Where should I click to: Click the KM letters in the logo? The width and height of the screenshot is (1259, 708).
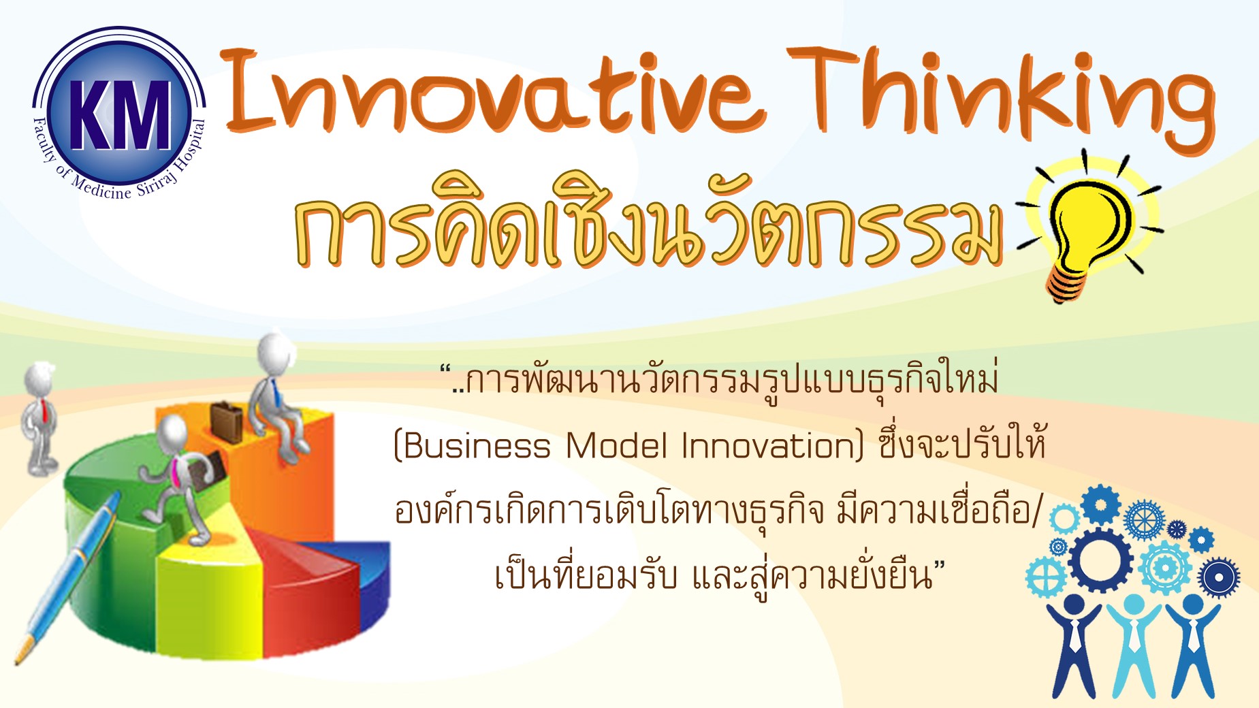pos(120,114)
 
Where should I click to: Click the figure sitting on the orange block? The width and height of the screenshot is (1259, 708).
pos(278,395)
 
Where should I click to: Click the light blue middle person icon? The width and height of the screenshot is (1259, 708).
pos(1133,644)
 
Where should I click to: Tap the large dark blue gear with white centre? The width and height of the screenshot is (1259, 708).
pos(1101,560)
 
